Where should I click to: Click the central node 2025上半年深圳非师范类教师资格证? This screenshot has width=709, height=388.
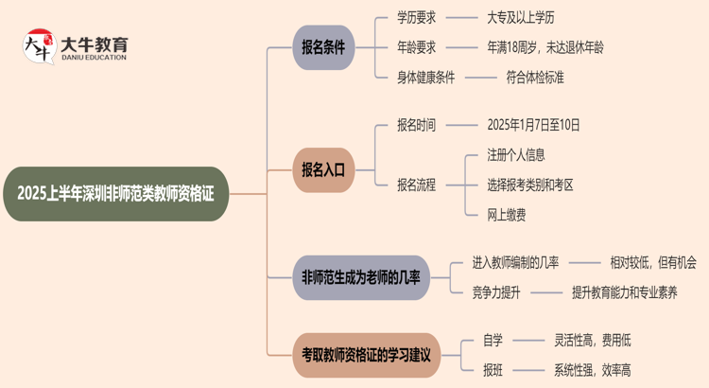[115, 194]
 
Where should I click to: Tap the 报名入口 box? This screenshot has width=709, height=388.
[322, 169]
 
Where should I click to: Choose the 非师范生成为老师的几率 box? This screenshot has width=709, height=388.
[359, 277]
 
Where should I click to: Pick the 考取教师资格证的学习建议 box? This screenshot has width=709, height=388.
[366, 355]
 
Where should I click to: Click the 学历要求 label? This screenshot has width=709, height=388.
[417, 17]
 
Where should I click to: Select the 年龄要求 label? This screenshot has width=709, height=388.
[417, 46]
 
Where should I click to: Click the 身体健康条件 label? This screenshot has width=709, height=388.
[426, 77]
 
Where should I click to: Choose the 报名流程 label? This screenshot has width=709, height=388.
[417, 185]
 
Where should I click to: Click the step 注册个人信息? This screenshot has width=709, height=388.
[515, 154]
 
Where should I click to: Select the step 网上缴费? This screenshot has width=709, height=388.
[506, 215]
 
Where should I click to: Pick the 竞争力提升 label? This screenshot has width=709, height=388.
[496, 292]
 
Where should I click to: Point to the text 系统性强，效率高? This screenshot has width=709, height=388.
[593, 370]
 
